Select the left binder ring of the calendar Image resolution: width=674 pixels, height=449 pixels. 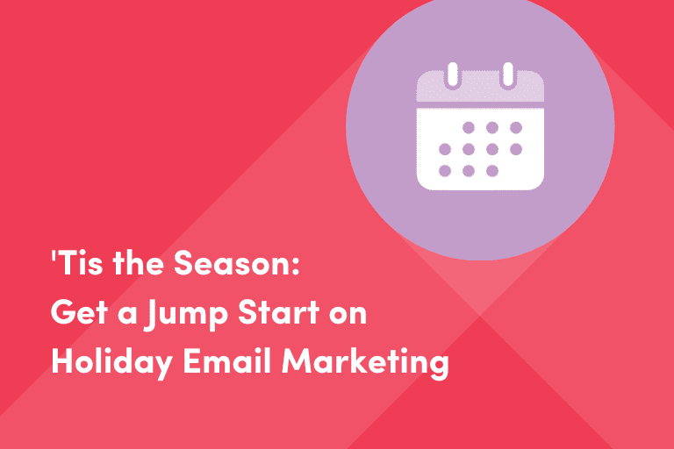coord(453,75)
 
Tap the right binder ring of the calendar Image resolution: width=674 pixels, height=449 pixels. coord(507,75)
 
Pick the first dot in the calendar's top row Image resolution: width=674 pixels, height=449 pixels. coord(469,127)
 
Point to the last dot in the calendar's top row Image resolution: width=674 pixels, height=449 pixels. coord(516,127)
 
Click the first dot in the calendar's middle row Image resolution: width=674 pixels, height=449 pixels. coord(445,149)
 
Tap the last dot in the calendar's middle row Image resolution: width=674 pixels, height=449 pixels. coord(516,149)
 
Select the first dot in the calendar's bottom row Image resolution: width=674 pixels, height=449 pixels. coord(445,170)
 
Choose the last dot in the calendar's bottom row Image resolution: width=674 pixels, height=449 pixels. coord(492,170)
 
